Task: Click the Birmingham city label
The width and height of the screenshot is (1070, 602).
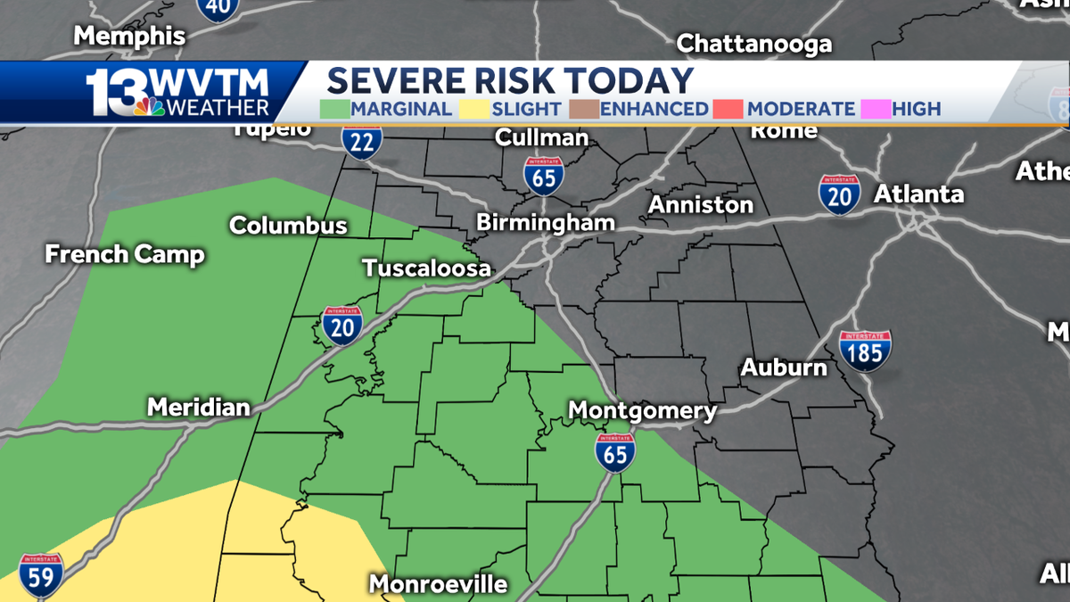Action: (x=546, y=222)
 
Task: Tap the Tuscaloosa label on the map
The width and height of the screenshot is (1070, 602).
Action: (x=426, y=268)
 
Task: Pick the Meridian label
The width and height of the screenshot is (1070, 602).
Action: (x=198, y=408)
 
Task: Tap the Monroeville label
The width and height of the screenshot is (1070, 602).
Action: (x=438, y=584)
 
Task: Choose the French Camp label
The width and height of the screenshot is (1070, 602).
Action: (x=125, y=254)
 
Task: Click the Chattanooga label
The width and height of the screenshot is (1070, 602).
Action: (x=754, y=44)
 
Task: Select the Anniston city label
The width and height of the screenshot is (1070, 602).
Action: (x=700, y=205)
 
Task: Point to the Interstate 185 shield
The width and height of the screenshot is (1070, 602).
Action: (x=864, y=350)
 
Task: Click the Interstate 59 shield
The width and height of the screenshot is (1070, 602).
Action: (x=41, y=574)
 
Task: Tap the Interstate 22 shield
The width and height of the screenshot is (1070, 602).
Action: (x=362, y=140)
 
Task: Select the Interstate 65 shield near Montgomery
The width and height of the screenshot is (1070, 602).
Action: (x=615, y=452)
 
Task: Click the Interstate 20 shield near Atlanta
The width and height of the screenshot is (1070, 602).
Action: (x=839, y=194)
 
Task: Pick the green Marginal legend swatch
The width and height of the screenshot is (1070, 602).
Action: (x=334, y=109)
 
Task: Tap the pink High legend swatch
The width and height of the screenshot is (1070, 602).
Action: (x=874, y=109)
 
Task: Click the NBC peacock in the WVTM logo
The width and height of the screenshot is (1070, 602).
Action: (x=150, y=107)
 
